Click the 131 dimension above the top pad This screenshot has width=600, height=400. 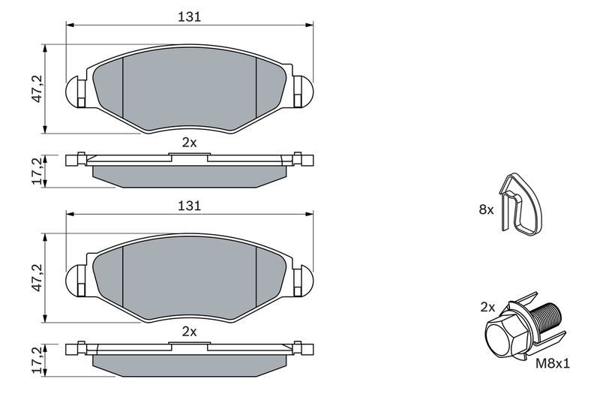point(190,17)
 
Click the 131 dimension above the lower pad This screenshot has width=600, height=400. point(190,206)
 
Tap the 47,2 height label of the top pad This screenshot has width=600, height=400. point(37,89)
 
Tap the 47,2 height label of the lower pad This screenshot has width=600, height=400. point(37,278)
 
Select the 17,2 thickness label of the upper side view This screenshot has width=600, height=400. point(37,171)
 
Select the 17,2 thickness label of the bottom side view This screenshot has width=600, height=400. point(37,359)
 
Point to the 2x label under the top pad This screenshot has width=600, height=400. point(189,143)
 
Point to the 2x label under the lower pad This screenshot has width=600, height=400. point(189,332)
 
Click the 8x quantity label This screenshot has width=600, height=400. point(486,209)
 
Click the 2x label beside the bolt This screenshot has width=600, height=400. point(488,307)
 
